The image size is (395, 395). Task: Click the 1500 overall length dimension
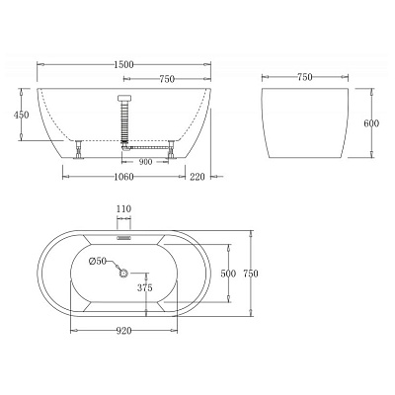pyautogui.click(x=123, y=64)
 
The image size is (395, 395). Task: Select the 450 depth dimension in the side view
pyautogui.click(x=24, y=116)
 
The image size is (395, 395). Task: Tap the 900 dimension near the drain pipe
pyautogui.click(x=145, y=161)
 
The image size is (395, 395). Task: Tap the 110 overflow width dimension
pyautogui.click(x=123, y=210)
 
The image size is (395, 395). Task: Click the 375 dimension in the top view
pyautogui.click(x=144, y=287)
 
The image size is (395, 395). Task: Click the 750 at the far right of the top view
pyautogui.click(x=253, y=273)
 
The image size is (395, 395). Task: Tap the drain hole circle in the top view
pyautogui.click(x=122, y=272)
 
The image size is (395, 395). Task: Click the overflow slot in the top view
pyautogui.click(x=123, y=237)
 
